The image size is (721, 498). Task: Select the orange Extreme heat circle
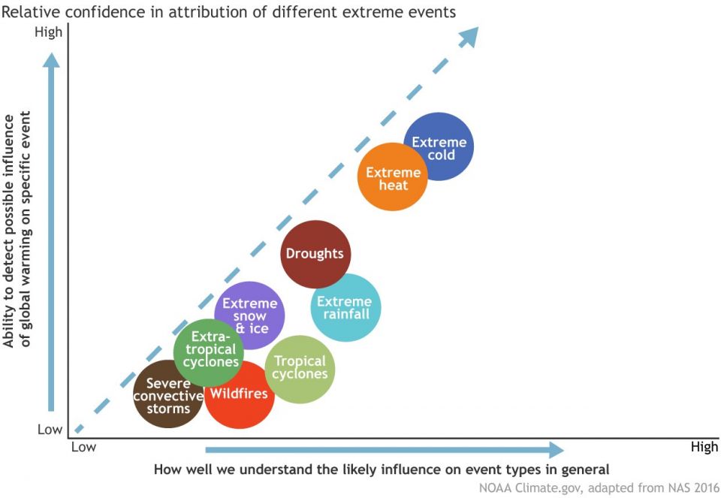pos(392,177)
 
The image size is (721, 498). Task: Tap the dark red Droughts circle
pos(315,255)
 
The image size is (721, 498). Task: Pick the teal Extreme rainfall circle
pos(346,308)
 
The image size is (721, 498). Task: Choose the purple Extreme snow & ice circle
pos(249,315)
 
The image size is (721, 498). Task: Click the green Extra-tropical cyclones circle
pos(209,353)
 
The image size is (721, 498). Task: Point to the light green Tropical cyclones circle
pos(300,370)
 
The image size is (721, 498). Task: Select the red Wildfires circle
pos(240,394)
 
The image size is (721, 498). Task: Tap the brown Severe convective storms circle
pos(168,394)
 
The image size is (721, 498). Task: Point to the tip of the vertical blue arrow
pos(51,53)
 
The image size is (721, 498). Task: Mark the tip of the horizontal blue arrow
pos(564,450)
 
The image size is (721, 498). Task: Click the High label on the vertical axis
pos(48,32)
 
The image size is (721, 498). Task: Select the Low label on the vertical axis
pos(50,429)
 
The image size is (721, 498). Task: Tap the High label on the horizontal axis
pos(704,447)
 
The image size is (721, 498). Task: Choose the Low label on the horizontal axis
pos(83,447)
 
